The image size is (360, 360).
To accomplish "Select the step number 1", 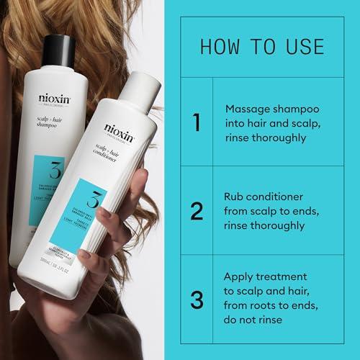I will tap(196, 122).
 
